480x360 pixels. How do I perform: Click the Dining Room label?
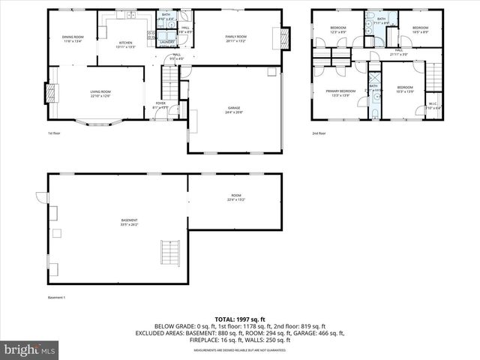(x=73, y=38)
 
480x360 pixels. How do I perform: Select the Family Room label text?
(x=236, y=37)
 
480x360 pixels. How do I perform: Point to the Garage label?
(x=234, y=109)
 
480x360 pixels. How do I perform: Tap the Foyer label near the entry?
(x=160, y=104)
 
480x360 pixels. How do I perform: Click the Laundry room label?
(x=166, y=42)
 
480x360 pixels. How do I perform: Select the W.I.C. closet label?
(x=433, y=106)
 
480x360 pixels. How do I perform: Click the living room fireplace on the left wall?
(x=52, y=93)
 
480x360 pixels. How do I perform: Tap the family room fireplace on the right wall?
(x=284, y=37)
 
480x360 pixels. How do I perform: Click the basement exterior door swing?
(x=40, y=199)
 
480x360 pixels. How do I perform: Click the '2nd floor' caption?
(x=319, y=133)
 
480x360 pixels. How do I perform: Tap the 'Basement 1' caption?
(x=57, y=298)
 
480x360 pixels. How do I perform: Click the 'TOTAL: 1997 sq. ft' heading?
(x=239, y=319)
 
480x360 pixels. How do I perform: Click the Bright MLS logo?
(x=30, y=349)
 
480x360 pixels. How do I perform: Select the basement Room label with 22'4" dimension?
(x=235, y=198)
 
